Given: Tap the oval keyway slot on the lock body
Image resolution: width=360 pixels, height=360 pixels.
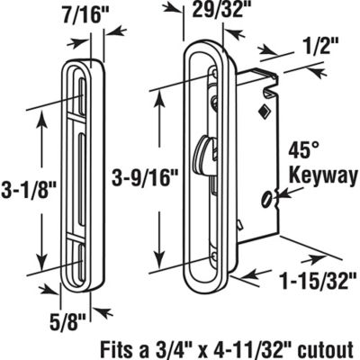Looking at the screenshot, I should (267, 197).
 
